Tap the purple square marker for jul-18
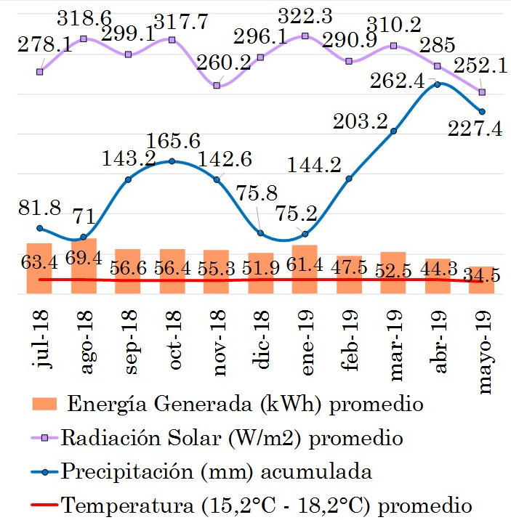tap(39, 71)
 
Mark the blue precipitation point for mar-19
tap(393, 131)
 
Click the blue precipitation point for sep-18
tap(128, 179)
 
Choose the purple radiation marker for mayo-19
tap(481, 92)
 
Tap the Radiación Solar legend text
tap(233, 438)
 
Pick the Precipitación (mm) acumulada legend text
tap(217, 471)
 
